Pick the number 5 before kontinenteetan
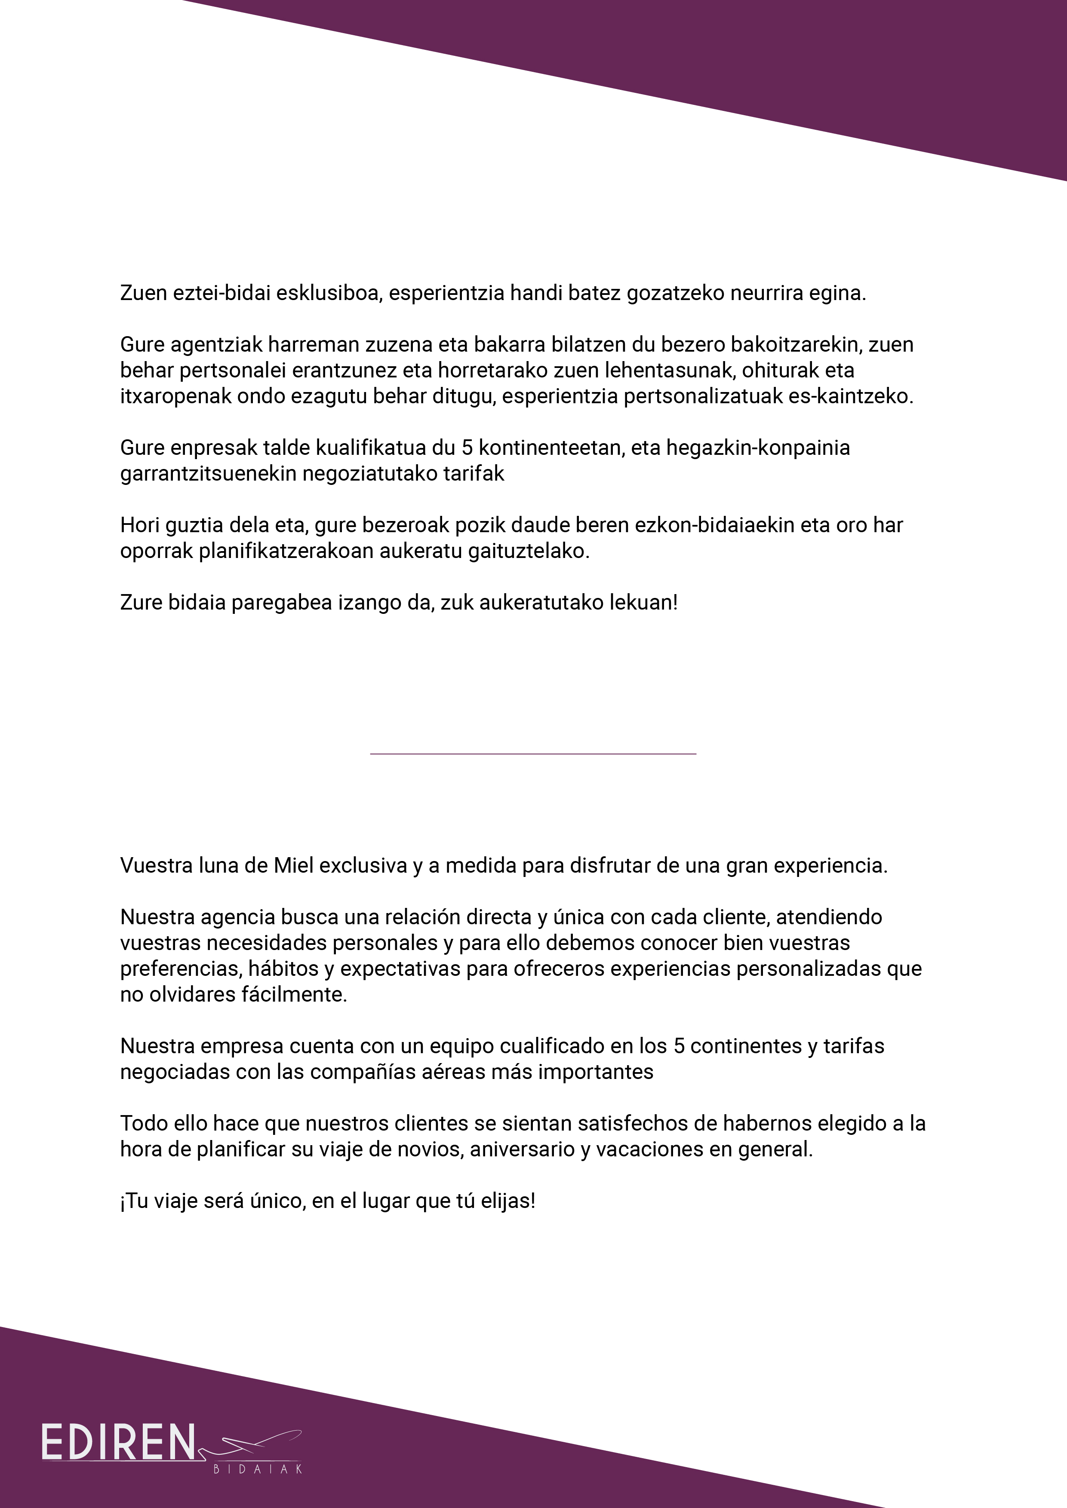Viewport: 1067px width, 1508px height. [467, 448]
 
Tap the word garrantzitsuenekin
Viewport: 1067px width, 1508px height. [208, 474]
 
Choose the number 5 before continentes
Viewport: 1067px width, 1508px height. [680, 1046]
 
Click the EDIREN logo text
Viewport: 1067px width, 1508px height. [118, 1443]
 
